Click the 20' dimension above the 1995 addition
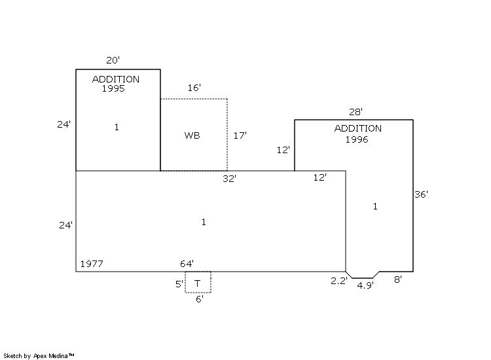113,60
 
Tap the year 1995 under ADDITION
113,88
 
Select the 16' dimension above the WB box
194,87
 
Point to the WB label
192,135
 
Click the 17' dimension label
240,135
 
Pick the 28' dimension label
355,113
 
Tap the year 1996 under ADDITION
357,139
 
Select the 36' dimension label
422,194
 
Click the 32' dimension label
229,177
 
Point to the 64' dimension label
187,264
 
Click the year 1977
92,264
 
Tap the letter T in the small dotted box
198,283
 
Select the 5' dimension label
179,284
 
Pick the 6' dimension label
199,298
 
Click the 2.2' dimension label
338,281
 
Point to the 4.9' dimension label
365,285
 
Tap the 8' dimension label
397,279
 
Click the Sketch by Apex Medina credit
39,355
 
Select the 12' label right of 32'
319,177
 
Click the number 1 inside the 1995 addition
117,127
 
